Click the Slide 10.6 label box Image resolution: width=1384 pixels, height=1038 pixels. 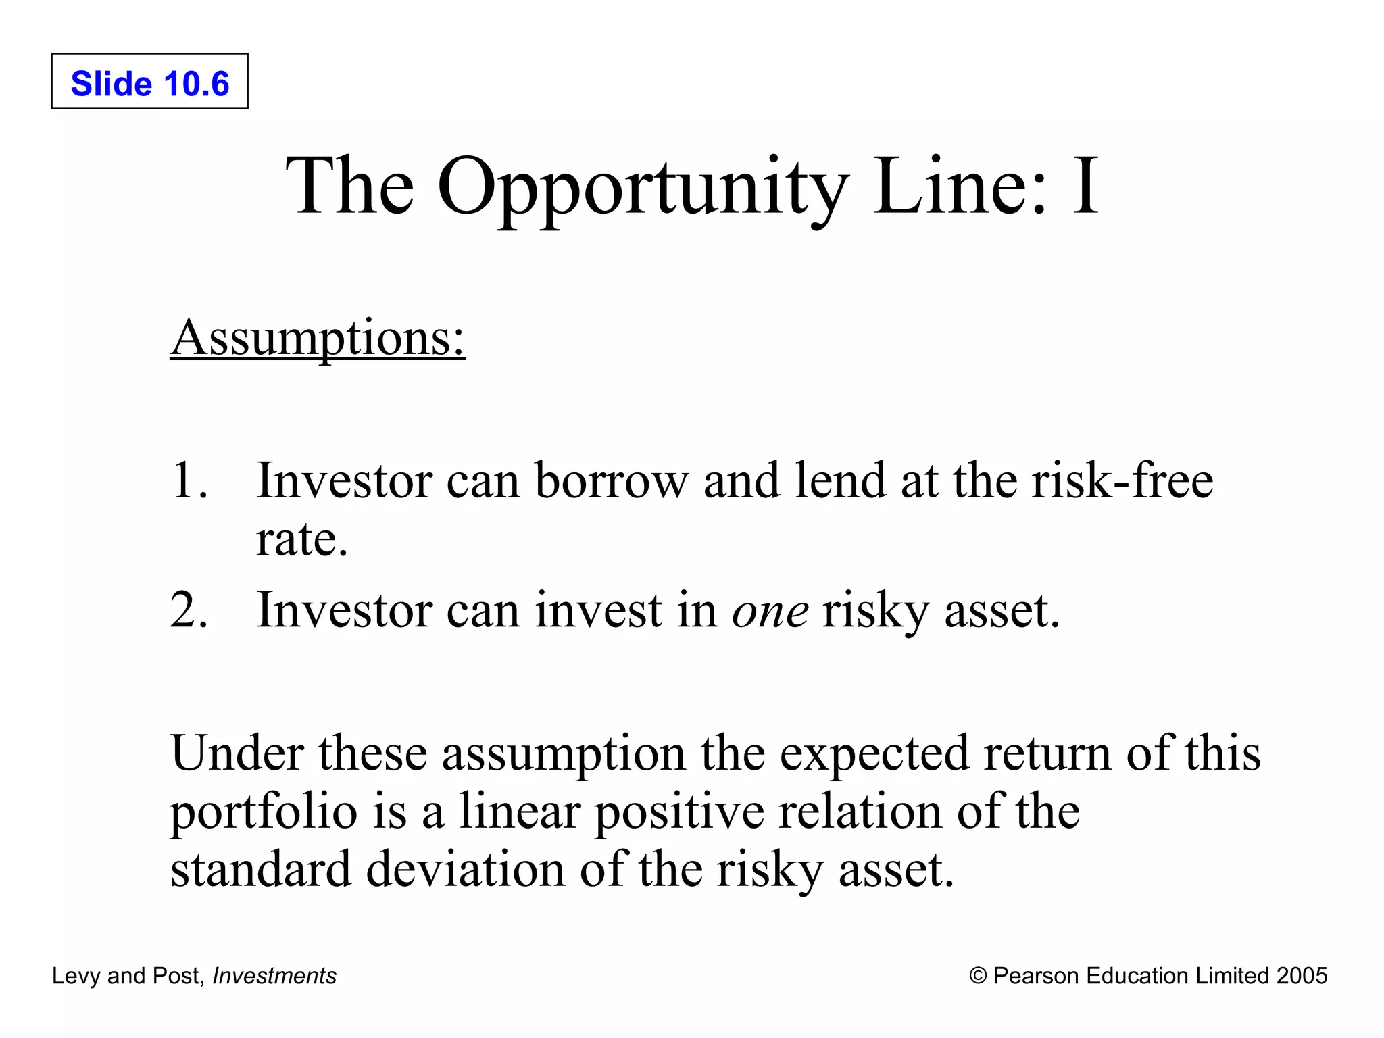(x=149, y=82)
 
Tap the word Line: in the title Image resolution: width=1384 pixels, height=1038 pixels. (x=960, y=186)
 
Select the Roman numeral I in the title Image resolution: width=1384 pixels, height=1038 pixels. (x=1085, y=186)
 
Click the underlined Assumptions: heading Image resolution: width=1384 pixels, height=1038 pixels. (x=318, y=338)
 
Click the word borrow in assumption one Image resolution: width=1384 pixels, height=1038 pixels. (x=611, y=480)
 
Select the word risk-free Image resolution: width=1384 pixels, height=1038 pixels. (x=1122, y=480)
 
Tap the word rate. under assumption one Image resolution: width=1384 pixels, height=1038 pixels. (x=301, y=541)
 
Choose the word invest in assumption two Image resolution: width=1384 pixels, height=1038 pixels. (x=599, y=610)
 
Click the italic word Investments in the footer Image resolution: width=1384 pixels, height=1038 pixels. (x=274, y=976)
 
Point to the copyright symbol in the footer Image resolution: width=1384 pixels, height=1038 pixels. (x=977, y=976)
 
